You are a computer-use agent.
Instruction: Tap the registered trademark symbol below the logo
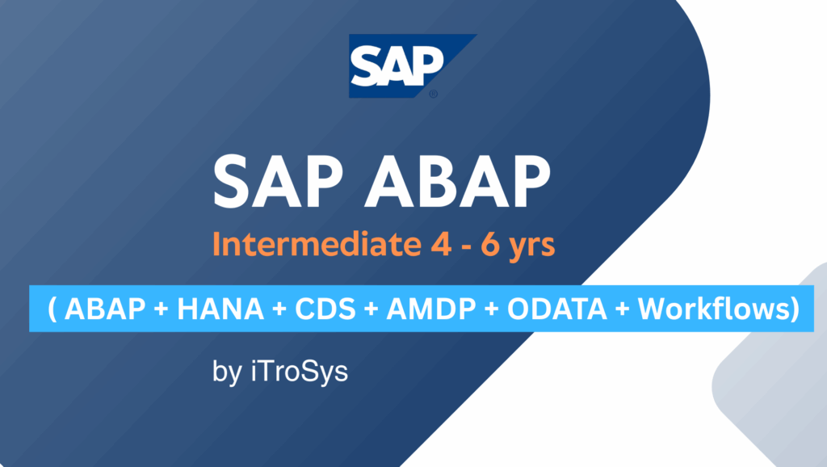(x=433, y=94)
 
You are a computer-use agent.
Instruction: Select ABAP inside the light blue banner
(x=102, y=308)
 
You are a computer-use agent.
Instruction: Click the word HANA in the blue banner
(x=206, y=308)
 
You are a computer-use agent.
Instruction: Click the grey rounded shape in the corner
(x=775, y=380)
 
